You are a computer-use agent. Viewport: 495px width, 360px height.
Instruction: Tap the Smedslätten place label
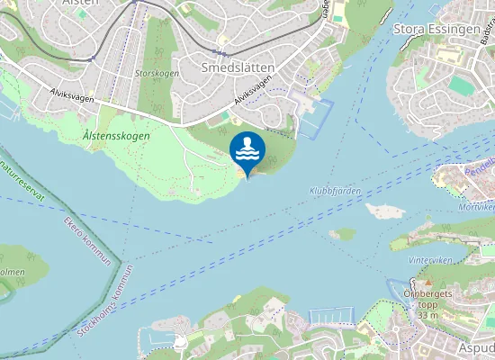pyautogui.click(x=238, y=67)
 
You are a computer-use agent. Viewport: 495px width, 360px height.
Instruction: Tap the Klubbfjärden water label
pyautogui.click(x=334, y=191)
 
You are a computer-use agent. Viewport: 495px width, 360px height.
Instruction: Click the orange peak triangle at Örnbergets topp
pyautogui.click(x=429, y=285)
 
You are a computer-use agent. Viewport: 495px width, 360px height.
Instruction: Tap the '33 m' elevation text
pyautogui.click(x=428, y=315)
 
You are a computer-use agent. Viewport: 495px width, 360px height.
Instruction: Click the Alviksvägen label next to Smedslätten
pyautogui.click(x=255, y=93)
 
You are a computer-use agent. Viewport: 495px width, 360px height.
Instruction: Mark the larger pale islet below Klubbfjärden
pyautogui.click(x=385, y=211)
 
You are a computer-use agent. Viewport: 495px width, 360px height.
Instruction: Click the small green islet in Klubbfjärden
pyautogui.click(x=342, y=234)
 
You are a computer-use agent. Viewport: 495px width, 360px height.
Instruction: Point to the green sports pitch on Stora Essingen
pyautogui.click(x=461, y=85)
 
